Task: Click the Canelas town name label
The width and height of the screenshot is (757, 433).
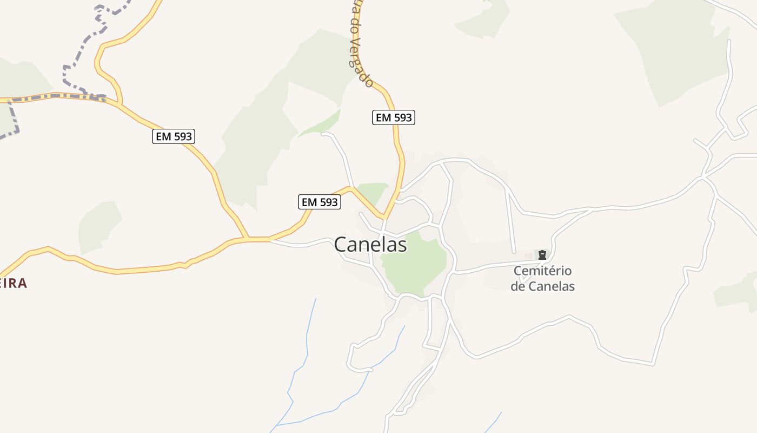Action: [370, 245]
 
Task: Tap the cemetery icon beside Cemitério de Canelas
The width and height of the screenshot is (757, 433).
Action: [542, 254]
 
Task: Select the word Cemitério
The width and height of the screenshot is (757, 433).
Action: [542, 271]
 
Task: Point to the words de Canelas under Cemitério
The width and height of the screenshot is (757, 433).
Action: [542, 286]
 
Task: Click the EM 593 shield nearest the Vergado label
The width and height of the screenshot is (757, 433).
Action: [394, 117]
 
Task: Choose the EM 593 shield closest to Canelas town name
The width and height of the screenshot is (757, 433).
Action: [320, 202]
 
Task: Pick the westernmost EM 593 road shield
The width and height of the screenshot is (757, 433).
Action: [174, 136]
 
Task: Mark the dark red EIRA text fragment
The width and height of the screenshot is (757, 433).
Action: [12, 283]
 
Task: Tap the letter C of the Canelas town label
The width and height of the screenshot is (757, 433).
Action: [341, 245]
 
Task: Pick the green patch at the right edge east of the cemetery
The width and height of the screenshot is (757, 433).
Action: [738, 292]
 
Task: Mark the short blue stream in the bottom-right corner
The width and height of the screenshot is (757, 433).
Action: [493, 422]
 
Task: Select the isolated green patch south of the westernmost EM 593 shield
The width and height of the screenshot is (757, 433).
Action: [99, 226]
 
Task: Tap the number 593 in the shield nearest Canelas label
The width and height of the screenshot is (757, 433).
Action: [328, 202]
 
